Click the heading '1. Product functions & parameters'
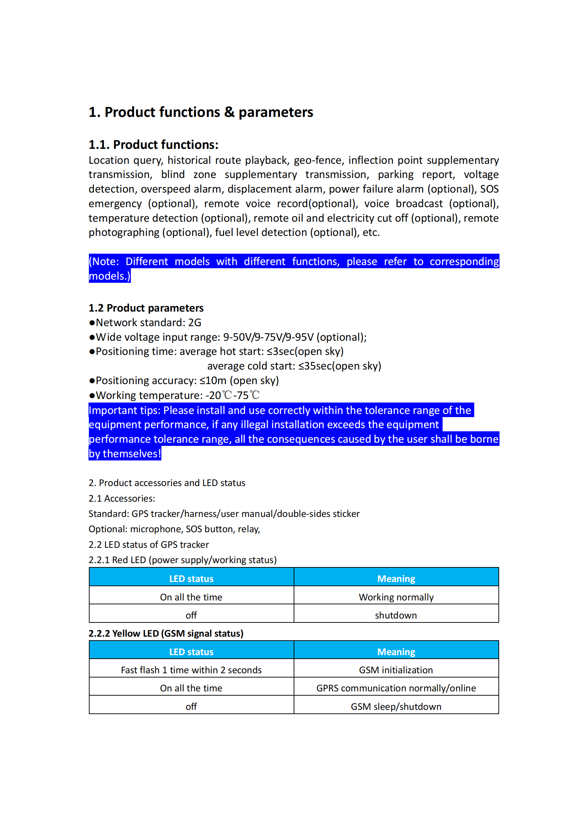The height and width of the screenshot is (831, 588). click(x=201, y=112)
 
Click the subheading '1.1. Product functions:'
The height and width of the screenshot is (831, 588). click(x=154, y=145)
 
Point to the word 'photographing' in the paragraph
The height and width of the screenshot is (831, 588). click(x=124, y=232)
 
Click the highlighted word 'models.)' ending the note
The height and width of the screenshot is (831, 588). click(x=109, y=276)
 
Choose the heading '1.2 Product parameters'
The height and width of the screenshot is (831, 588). click(x=146, y=308)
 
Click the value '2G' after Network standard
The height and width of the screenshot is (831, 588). click(x=194, y=323)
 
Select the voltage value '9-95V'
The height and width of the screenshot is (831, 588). click(x=299, y=337)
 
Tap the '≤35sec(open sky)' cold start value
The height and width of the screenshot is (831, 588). click(x=340, y=366)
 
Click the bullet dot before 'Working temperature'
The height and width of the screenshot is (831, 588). click(x=92, y=395)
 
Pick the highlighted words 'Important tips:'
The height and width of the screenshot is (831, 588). click(x=124, y=410)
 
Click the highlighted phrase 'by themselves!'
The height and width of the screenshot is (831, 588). click(x=124, y=454)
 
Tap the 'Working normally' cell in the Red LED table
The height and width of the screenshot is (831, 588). click(x=396, y=597)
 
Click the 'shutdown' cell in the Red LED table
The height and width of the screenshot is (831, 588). click(x=396, y=615)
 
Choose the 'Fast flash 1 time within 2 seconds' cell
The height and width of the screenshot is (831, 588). click(x=191, y=670)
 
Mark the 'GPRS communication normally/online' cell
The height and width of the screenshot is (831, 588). click(x=396, y=688)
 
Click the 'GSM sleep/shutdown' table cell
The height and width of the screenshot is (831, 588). click(x=396, y=707)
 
